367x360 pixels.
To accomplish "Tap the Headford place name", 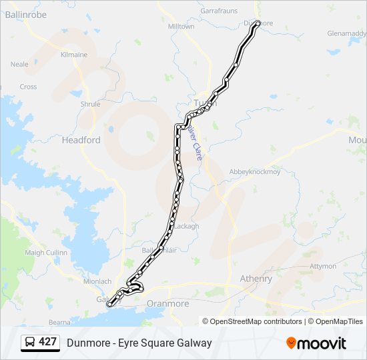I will (81, 140).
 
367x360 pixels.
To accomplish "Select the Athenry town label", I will (256, 279).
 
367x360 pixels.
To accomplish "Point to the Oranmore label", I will (167, 303).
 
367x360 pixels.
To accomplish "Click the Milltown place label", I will (181, 27).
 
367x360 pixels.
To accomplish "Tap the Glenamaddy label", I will (345, 33).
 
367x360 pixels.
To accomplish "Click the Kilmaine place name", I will (74, 55).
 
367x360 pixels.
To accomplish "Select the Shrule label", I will (90, 104).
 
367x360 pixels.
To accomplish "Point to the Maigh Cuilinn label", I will (46, 253).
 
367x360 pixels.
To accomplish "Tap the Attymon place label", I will (324, 265).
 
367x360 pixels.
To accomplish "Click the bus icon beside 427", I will (30, 342).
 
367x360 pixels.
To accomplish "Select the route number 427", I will (47, 342).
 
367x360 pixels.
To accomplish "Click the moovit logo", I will (316, 343).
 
